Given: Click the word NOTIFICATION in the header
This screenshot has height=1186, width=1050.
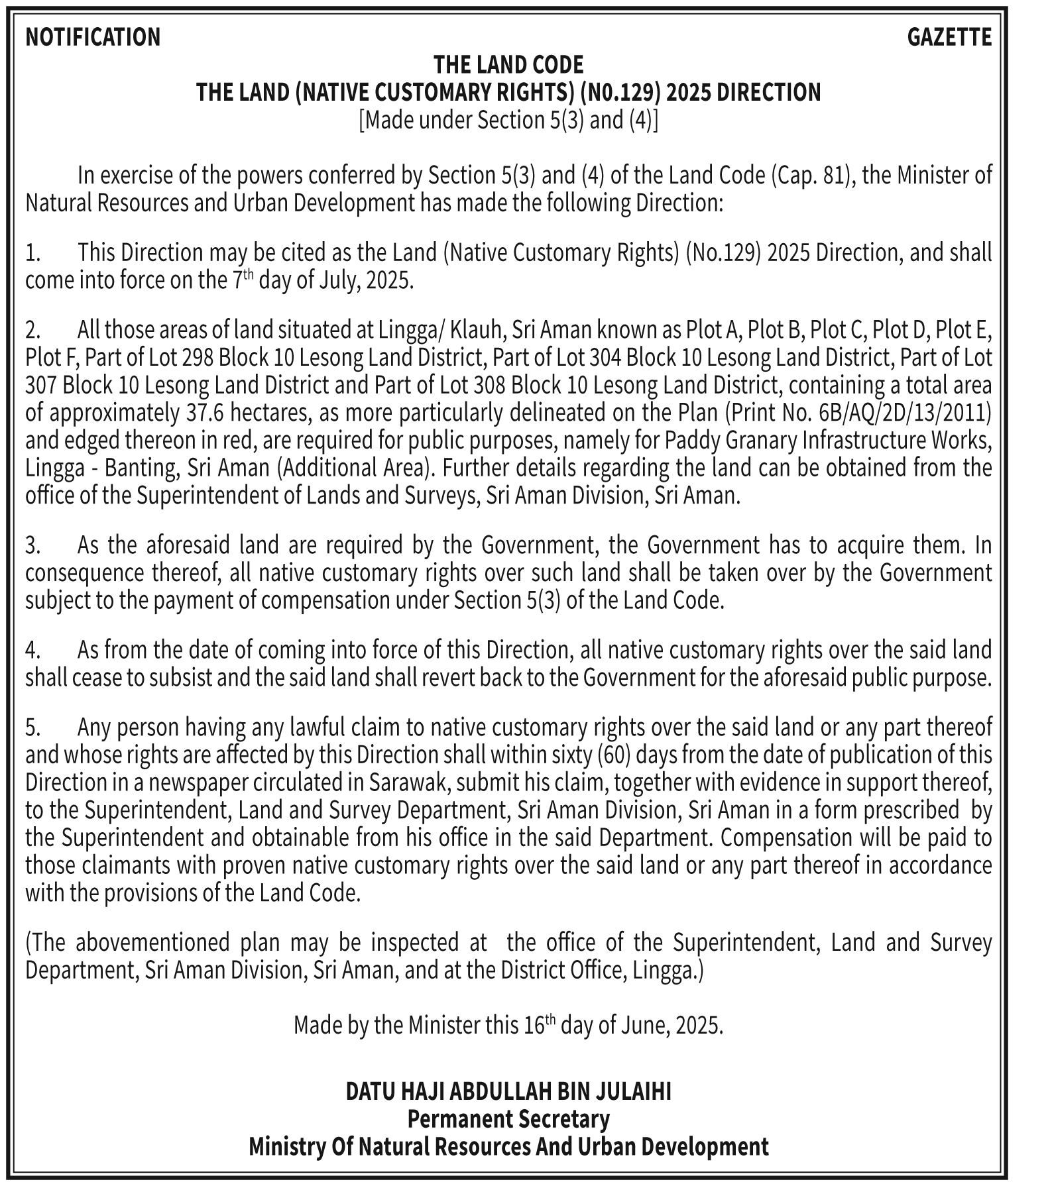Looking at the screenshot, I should click(93, 37).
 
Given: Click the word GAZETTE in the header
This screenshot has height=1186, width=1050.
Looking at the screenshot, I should click(949, 37).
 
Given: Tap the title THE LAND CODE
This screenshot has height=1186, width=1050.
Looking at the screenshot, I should click(508, 65).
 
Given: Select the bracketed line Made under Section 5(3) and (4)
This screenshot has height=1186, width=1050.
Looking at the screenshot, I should click(508, 121).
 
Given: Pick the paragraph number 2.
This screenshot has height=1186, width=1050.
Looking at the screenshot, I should click(33, 329).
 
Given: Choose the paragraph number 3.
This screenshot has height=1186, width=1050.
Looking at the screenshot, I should click(33, 545).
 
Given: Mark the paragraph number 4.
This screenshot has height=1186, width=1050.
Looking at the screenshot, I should click(33, 650).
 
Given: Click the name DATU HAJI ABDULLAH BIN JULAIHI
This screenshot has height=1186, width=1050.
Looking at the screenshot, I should click(508, 1091).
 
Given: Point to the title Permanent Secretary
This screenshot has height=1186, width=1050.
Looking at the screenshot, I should click(508, 1119).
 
